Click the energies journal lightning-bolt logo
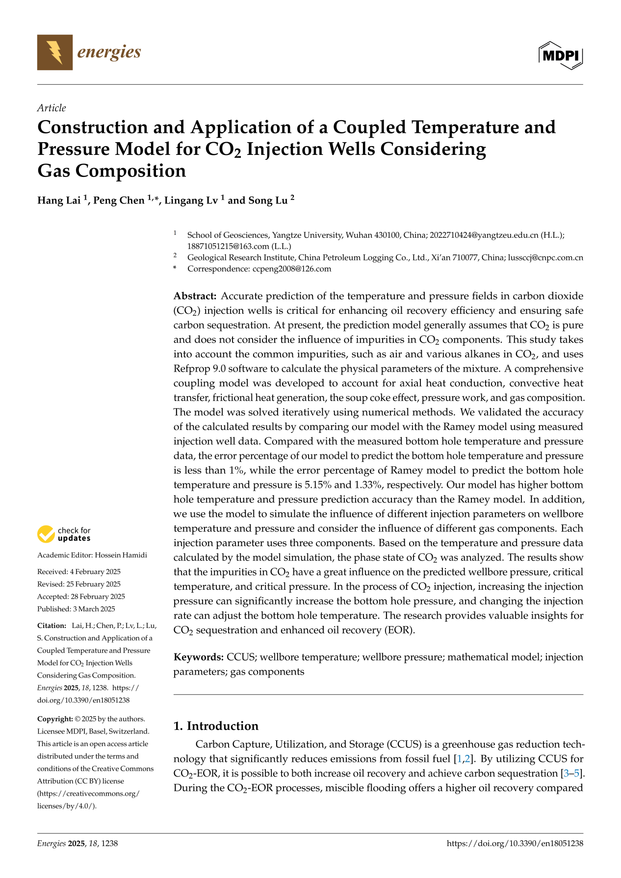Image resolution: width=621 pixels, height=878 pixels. [55, 52]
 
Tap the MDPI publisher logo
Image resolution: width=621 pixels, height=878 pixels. [561, 55]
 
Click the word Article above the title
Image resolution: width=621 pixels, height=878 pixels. [52, 108]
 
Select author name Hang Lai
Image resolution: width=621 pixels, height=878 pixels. [59, 201]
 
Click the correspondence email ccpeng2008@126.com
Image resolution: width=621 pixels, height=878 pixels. [292, 269]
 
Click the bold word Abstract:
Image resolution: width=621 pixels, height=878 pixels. [195, 296]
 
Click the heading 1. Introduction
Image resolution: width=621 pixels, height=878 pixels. [216, 726]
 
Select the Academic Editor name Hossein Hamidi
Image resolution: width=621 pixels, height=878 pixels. [120, 555]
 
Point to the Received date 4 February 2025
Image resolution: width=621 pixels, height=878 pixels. [95, 572]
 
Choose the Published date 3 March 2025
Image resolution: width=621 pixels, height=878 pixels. [94, 609]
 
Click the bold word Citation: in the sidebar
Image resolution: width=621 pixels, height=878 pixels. [52, 626]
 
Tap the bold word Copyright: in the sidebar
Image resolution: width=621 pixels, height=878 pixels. [55, 719]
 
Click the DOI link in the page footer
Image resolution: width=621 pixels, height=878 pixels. [515, 844]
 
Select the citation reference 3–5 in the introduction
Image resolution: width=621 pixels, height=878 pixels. [572, 774]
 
